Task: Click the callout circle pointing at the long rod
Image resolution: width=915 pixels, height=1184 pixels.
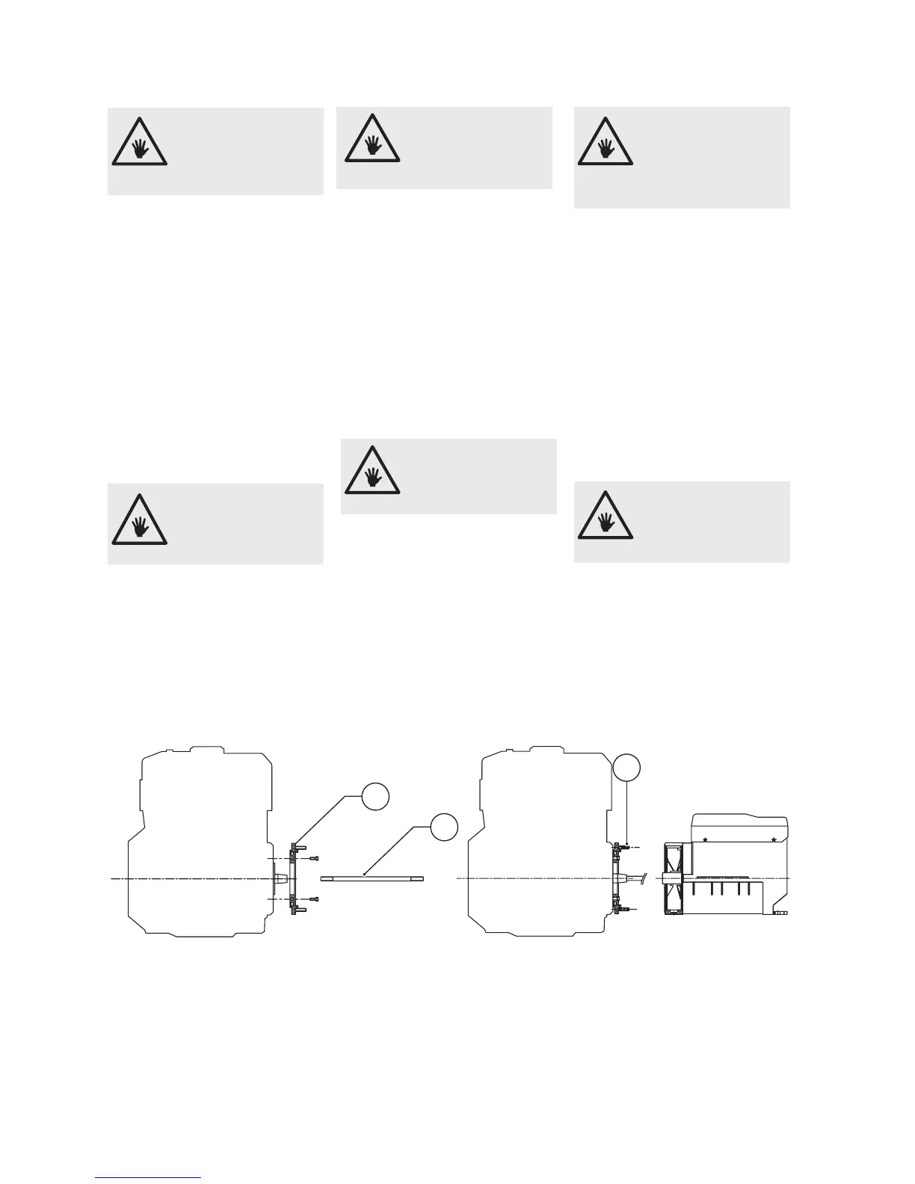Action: click(443, 827)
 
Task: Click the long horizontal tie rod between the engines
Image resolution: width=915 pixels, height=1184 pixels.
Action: click(372, 878)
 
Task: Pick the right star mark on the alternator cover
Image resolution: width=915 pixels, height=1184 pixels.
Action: click(772, 839)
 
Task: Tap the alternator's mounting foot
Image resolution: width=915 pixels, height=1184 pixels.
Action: click(781, 913)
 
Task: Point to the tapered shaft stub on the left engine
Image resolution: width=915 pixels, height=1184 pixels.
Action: click(282, 878)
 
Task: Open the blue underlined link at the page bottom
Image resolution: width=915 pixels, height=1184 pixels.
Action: click(148, 1177)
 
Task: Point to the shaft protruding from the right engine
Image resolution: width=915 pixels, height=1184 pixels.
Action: click(638, 878)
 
